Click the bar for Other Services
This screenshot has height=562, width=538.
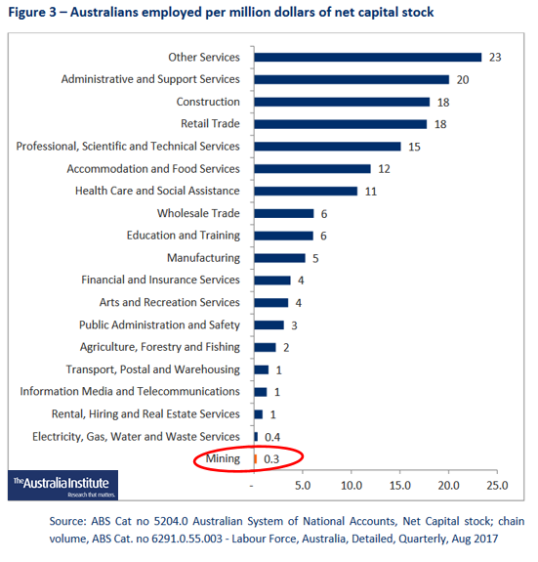[x=367, y=58]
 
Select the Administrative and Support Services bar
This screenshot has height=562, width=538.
[x=352, y=79]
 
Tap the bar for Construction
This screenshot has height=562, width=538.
[x=341, y=102]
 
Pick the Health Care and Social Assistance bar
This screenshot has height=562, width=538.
[x=306, y=191]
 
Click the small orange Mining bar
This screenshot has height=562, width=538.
[x=255, y=458]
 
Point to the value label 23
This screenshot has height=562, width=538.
[x=495, y=58]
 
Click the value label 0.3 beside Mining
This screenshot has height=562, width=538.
[x=272, y=458]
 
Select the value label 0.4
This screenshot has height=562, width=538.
[x=273, y=436]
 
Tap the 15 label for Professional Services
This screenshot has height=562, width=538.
[x=414, y=147]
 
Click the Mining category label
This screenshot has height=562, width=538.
[x=221, y=458]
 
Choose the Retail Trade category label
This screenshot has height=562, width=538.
[x=210, y=124]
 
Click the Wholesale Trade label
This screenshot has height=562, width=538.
[x=198, y=213]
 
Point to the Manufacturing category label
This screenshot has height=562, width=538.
[x=203, y=258]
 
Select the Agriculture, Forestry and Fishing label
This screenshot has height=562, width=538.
[x=159, y=347]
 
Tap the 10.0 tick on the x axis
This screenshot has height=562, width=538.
[x=351, y=485]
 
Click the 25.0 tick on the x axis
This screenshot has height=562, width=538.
[x=497, y=485]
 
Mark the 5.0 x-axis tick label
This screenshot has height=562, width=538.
[x=302, y=485]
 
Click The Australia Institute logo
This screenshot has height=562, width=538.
[x=61, y=485]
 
